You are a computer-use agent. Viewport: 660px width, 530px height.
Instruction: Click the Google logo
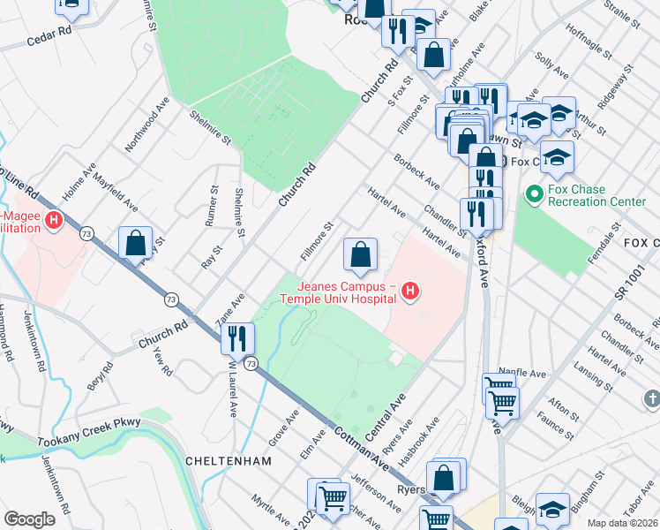click(29, 520)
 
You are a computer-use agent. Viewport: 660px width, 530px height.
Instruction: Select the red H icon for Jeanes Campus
click(409, 290)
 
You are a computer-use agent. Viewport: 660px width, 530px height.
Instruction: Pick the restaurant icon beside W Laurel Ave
click(237, 337)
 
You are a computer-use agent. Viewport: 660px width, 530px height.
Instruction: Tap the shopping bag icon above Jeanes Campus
click(360, 255)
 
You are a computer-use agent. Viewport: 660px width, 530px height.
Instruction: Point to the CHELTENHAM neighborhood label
click(222, 461)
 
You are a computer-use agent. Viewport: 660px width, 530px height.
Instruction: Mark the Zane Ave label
click(231, 303)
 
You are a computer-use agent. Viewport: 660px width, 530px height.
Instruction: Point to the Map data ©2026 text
click(622, 523)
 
